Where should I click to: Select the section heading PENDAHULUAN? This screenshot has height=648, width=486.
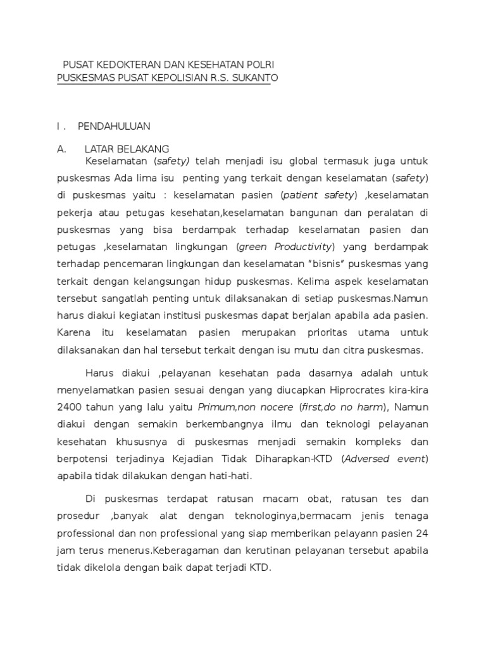tap(114, 126)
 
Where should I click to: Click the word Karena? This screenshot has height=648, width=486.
tap(72, 332)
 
